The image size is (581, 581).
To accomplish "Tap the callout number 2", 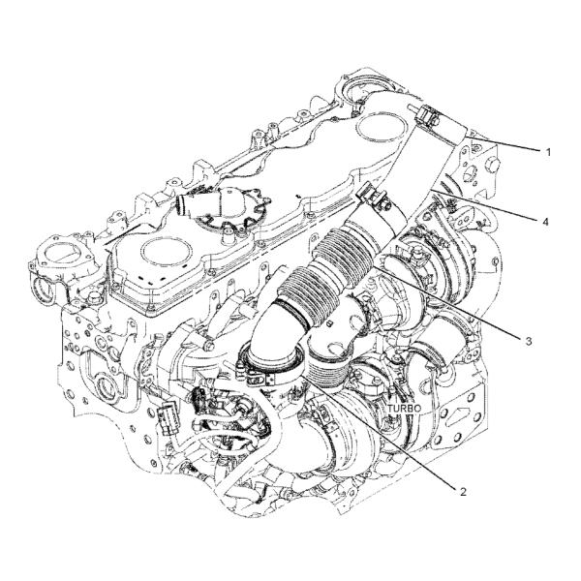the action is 463,492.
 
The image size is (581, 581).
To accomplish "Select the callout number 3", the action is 529,341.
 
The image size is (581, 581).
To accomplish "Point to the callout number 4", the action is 544,222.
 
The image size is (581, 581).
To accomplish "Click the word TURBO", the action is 404,409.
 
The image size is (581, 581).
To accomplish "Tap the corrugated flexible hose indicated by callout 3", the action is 326,272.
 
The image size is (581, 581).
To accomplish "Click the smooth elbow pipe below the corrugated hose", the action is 274,333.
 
